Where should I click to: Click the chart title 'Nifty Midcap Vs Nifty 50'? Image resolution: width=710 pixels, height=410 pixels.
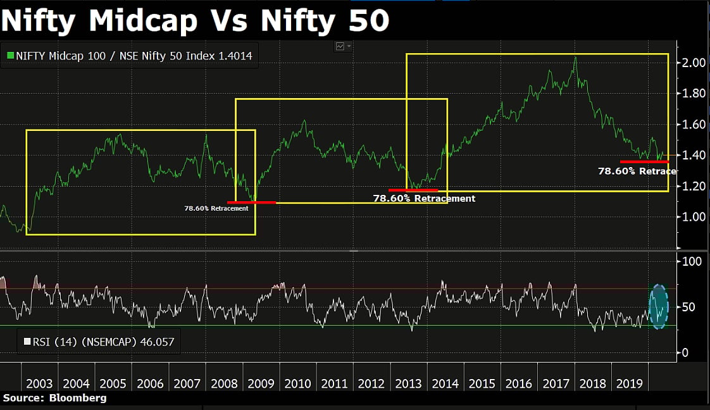(195, 21)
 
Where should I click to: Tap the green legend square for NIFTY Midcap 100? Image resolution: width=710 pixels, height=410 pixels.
(10, 56)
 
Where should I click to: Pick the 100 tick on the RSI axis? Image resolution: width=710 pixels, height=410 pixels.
(691, 261)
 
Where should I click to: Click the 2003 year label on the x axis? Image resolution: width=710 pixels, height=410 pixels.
(39, 383)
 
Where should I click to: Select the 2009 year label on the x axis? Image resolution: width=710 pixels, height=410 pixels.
(261, 383)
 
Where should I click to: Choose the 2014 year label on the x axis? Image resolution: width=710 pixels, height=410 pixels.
(445, 383)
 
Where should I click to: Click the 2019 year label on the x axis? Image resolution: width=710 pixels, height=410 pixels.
(629, 383)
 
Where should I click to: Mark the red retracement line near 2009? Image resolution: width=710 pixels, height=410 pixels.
(251, 202)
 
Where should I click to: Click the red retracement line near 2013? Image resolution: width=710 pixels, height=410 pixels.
(413, 190)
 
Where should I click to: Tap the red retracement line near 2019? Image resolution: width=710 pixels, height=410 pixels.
(644, 162)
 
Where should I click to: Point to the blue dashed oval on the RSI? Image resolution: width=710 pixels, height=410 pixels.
(659, 306)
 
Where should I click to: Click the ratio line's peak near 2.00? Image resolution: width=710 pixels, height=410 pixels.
(575, 58)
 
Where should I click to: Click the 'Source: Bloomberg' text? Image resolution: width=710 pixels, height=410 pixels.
(55, 398)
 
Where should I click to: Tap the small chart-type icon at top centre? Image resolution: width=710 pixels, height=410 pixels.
(344, 46)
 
